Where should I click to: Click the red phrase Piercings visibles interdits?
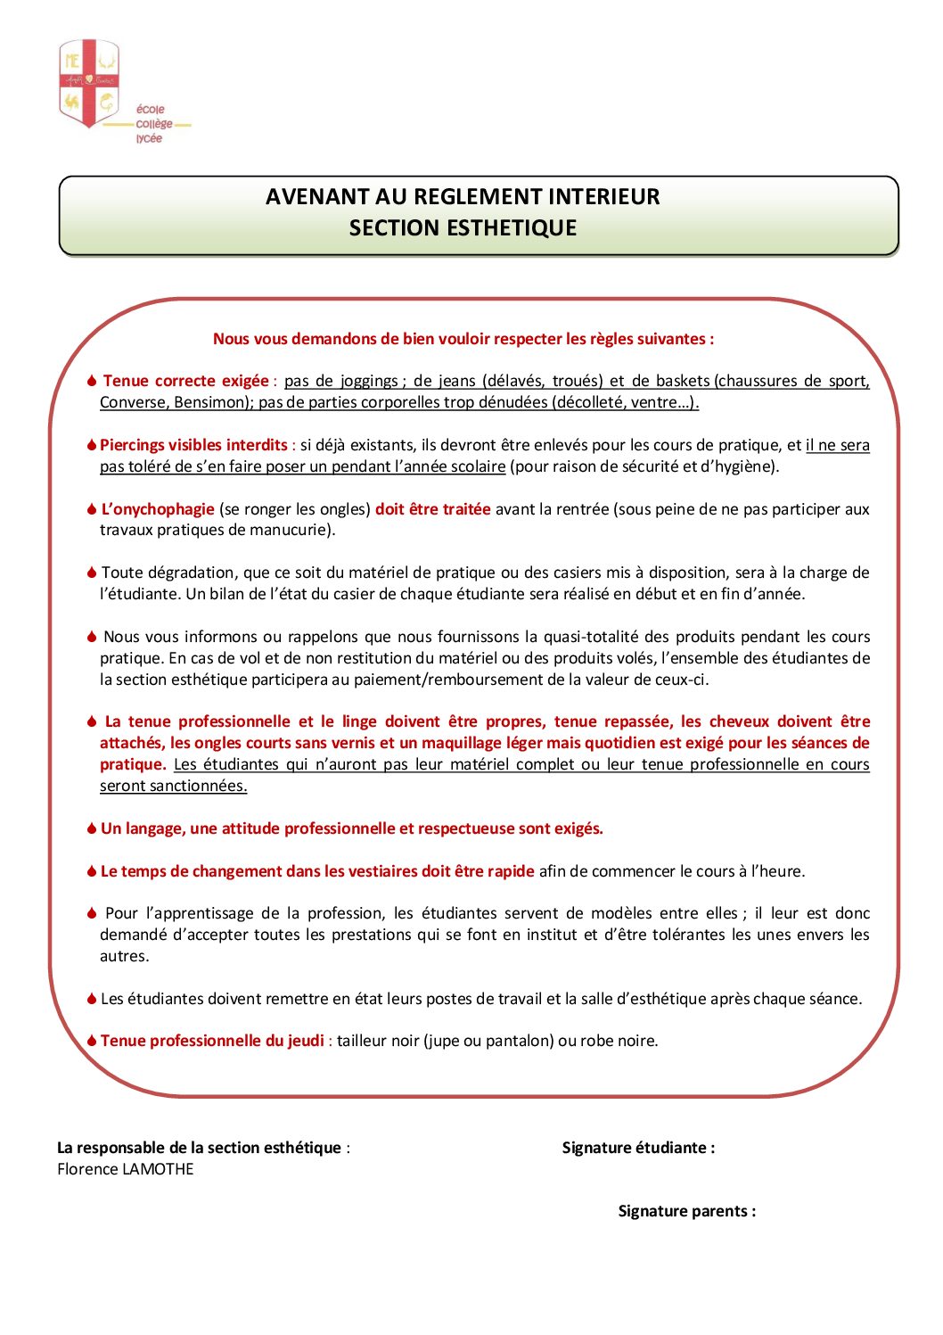pos(193,445)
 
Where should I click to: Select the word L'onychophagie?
pos(158,509)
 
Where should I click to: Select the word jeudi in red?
pos(306,1041)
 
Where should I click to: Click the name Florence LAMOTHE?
pos(126,1169)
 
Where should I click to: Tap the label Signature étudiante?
pos(637,1148)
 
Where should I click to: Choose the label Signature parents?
pos(686,1211)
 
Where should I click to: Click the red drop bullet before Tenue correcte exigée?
pos(92,381)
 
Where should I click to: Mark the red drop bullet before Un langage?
pos(92,828)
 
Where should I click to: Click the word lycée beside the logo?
pos(149,139)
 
